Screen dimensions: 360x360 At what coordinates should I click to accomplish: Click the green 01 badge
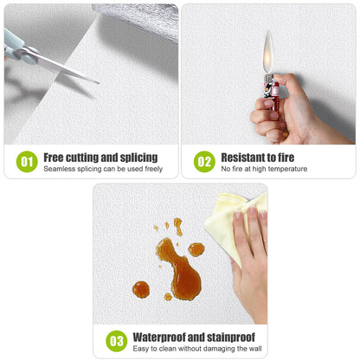coord(26,161)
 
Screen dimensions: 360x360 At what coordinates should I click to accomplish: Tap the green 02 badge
coord(203,161)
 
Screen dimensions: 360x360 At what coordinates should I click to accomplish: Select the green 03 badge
coord(116,340)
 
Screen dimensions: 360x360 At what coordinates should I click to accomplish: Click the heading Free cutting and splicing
coord(100,157)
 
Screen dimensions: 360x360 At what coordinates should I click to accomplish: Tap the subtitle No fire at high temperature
coord(264,169)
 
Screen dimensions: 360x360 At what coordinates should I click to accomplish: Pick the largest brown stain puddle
coord(180,270)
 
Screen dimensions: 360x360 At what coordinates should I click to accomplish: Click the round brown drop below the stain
coord(141,289)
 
